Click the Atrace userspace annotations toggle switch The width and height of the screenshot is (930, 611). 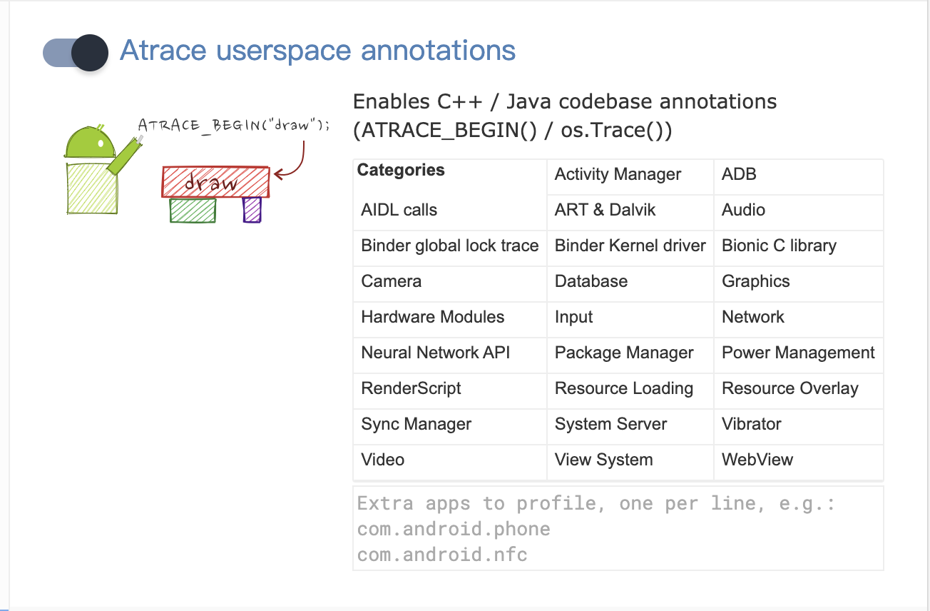[76, 53]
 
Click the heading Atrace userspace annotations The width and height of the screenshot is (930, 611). [317, 51]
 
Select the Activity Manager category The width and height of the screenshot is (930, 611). [618, 174]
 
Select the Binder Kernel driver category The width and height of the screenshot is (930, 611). [630, 246]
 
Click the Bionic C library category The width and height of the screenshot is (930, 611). [779, 246]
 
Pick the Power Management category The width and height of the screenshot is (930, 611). [798, 353]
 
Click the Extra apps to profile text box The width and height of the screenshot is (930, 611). [618, 528]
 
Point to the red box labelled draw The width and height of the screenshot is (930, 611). [215, 182]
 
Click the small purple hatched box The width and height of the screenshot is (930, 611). [252, 210]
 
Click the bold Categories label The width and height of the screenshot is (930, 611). [401, 170]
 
